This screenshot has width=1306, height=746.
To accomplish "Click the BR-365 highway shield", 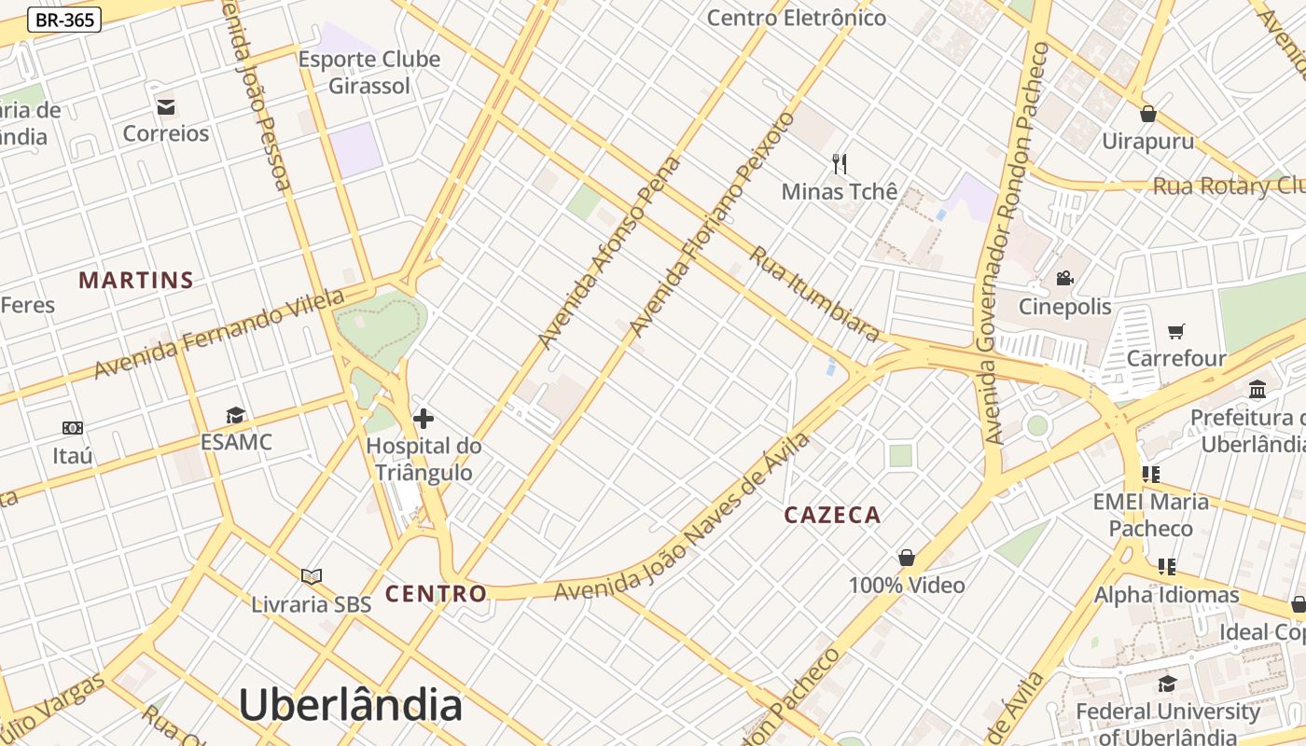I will (64, 19).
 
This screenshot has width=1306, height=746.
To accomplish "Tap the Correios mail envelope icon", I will (166, 106).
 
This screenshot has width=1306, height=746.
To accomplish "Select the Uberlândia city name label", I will (351, 705).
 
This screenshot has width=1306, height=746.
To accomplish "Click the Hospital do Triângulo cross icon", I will (424, 418).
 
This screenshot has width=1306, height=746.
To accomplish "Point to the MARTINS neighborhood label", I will (136, 280).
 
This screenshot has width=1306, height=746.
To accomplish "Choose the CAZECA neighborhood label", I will (832, 515).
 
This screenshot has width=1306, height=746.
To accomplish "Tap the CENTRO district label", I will (436, 593).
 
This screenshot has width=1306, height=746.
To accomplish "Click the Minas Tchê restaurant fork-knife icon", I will (840, 164).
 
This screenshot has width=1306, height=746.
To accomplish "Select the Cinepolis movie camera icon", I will (1064, 278).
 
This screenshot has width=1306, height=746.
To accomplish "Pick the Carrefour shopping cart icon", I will (1176, 331).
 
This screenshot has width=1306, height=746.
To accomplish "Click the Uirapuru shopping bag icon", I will (1148, 114).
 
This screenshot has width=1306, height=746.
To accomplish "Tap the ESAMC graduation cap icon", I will (236, 415).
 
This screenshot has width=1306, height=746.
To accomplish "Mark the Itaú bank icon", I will (73, 428).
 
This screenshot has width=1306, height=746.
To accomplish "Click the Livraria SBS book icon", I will (312, 576).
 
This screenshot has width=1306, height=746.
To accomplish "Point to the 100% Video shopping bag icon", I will (906, 558).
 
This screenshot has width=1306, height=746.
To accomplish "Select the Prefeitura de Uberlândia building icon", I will (1257, 389).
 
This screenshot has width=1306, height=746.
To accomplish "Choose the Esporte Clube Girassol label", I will (369, 73).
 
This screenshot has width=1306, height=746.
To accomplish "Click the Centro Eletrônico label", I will (796, 18).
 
